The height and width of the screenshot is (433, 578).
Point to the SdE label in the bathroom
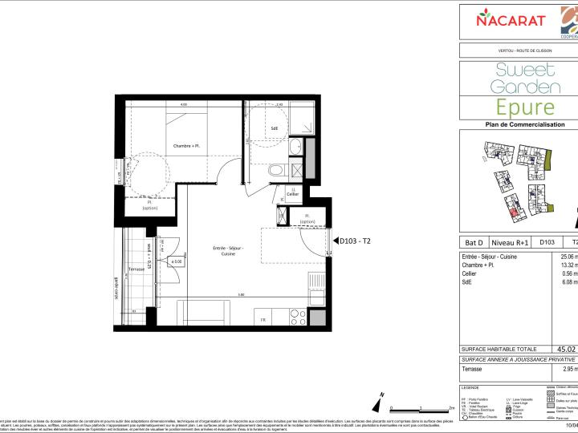[x=274, y=127]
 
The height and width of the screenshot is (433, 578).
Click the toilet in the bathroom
[x=277, y=170]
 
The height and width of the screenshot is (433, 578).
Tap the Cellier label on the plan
[x=293, y=194]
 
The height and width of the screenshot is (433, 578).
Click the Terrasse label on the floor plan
[x=136, y=269]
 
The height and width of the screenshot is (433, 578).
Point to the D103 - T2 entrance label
[x=356, y=241]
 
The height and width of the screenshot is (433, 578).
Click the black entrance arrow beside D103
[x=335, y=241]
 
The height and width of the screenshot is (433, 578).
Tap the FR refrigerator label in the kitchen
[x=262, y=321]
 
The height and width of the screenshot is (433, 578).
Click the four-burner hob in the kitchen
[x=295, y=314]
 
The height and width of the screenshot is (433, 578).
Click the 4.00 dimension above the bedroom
[x=183, y=105]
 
